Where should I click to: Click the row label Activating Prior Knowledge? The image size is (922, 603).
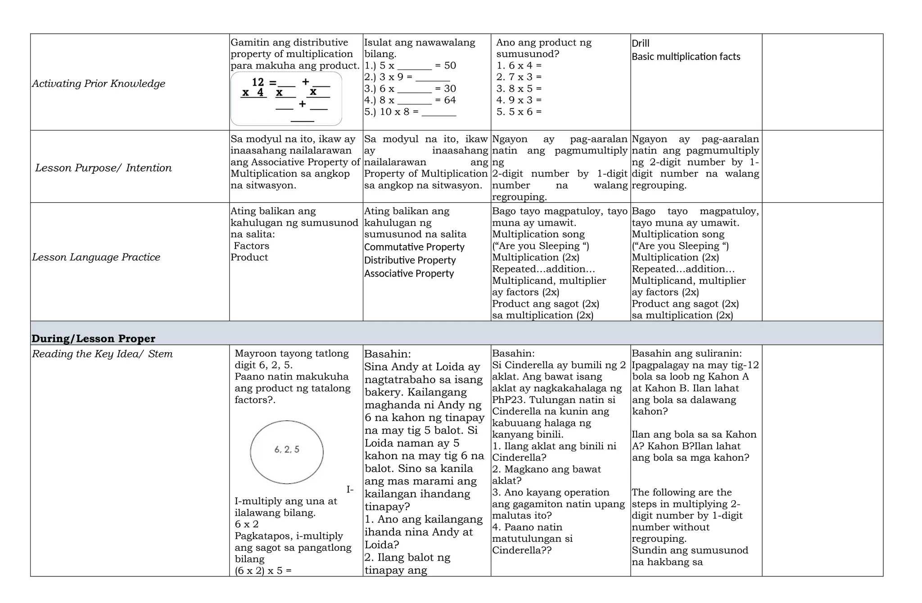[x=99, y=83]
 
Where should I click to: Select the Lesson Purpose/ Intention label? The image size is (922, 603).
[x=103, y=168]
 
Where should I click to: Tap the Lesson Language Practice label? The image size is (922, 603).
[x=96, y=257]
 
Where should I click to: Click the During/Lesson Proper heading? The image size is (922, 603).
[x=93, y=338]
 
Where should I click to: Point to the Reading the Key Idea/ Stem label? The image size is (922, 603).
[x=102, y=354]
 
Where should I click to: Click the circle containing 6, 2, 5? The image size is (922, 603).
[x=287, y=452]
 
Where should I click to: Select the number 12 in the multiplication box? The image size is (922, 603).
[x=258, y=82]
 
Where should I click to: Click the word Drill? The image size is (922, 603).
[x=640, y=43]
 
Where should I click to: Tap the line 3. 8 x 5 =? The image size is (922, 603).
[x=519, y=89]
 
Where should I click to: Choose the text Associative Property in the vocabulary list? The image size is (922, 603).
[x=409, y=273]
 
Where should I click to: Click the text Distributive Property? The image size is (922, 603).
[x=410, y=260]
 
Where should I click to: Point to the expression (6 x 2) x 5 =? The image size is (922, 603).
[x=263, y=571]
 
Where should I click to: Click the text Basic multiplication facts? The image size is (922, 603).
[x=686, y=57]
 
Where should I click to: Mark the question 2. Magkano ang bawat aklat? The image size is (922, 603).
[x=546, y=475]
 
